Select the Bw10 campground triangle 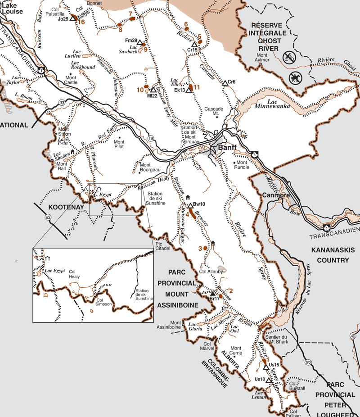point(190,206)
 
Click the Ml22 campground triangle point(153,90)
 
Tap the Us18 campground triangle point(268,380)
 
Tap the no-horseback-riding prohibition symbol point(295,77)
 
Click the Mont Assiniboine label point(182,325)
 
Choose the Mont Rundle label point(242,165)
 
